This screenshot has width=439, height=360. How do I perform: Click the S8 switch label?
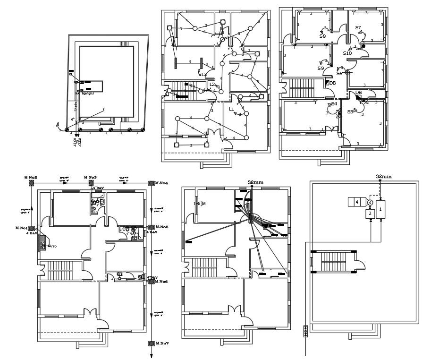click(x=322, y=36)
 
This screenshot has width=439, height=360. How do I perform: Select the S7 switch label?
click(x=358, y=28)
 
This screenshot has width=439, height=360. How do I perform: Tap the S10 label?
click(x=347, y=53)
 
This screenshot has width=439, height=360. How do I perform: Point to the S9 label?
click(x=321, y=69)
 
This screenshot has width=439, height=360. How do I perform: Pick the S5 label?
click(x=350, y=112)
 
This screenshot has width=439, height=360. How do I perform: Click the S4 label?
click(x=334, y=104)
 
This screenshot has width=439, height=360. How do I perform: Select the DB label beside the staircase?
click(x=332, y=83)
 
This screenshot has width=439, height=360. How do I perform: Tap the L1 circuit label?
click(x=231, y=109)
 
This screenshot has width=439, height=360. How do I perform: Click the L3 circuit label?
click(x=204, y=75)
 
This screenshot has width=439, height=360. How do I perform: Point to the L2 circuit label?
click(x=212, y=85)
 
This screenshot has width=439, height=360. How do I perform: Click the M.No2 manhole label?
click(x=31, y=178)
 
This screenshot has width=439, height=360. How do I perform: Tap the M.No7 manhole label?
click(x=162, y=343)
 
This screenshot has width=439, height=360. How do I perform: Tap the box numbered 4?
click(x=356, y=202)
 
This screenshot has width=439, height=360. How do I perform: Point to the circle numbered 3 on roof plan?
click(x=370, y=202)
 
